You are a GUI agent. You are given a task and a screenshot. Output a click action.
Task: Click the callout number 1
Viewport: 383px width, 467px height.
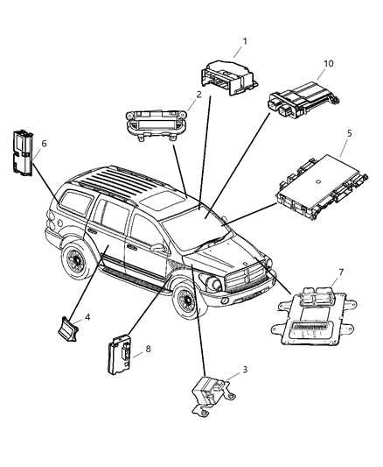tap(245, 40)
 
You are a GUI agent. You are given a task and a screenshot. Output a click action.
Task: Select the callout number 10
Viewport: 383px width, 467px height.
tap(329, 64)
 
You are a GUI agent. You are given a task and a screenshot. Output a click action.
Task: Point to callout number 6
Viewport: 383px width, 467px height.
tap(44, 143)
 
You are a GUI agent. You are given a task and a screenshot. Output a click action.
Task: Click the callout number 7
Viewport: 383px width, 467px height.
tap(341, 273)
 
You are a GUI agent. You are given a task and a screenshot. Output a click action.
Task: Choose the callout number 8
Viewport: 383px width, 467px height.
tap(147, 349)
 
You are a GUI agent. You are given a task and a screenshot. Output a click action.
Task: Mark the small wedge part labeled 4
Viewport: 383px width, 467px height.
tap(69, 329)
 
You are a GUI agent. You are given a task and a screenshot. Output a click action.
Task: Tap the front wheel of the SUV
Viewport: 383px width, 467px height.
tap(186, 302)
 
